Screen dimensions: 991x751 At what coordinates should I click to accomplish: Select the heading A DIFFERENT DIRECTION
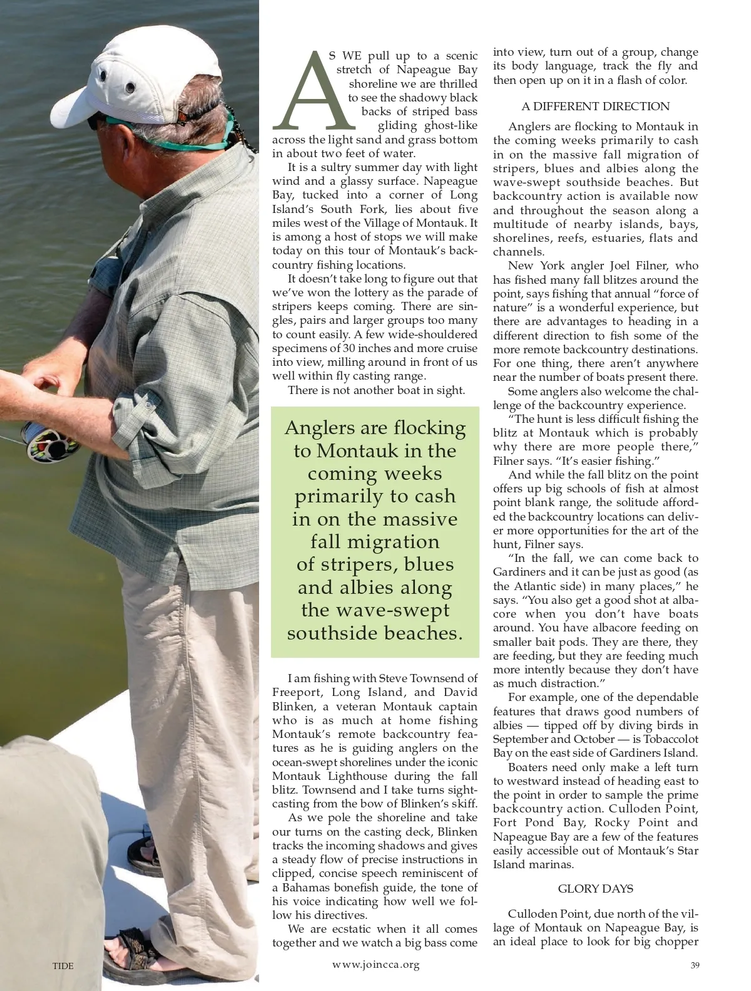pyautogui.click(x=595, y=106)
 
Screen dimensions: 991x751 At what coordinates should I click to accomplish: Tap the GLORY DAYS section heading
pyautogui.click(x=595, y=889)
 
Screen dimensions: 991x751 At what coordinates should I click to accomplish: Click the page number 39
pyautogui.click(x=695, y=965)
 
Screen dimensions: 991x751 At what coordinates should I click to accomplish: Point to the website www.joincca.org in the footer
pyautogui.click(x=375, y=965)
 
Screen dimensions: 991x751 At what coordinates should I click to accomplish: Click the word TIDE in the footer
pyautogui.click(x=63, y=966)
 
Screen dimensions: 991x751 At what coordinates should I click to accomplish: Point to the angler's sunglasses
pyautogui.click(x=95, y=122)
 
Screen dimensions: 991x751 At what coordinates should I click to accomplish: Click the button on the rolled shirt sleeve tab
pyautogui.click(x=149, y=406)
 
